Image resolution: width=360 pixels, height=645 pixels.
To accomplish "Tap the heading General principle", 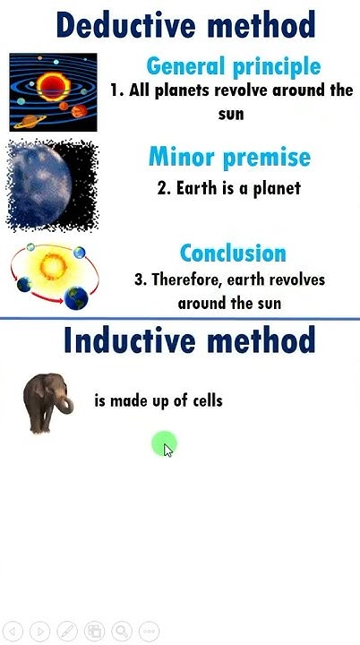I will [233, 65].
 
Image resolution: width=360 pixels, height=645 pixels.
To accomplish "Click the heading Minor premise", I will [229, 158].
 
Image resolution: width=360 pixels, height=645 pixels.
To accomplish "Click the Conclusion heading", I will [233, 253].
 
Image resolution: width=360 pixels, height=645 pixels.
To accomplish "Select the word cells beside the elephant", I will [205, 400].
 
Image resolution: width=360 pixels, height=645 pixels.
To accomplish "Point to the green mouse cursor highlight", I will [164, 443].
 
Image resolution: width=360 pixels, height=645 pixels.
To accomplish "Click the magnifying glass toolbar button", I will [121, 631].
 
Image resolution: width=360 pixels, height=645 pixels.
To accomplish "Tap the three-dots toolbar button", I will [149, 631].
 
